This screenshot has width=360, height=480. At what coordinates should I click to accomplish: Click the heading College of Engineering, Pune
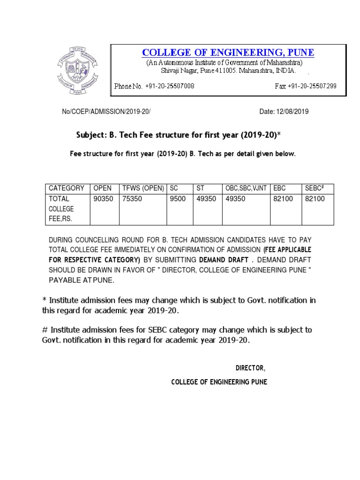click(x=228, y=52)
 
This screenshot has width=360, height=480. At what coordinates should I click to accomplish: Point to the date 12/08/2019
click(x=290, y=112)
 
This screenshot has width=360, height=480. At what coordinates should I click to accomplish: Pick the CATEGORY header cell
click(x=67, y=188)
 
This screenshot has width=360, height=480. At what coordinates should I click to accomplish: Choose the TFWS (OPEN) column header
click(x=143, y=188)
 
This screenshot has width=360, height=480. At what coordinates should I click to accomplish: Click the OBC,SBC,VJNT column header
click(x=246, y=188)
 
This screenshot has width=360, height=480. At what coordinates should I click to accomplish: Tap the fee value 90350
click(x=103, y=199)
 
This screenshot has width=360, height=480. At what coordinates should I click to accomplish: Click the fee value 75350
click(x=133, y=199)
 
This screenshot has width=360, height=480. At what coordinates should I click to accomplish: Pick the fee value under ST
click(x=206, y=199)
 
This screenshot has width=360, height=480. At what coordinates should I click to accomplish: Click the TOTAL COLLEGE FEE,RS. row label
click(x=61, y=209)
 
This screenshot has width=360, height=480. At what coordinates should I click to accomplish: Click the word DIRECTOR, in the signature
click(x=250, y=367)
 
